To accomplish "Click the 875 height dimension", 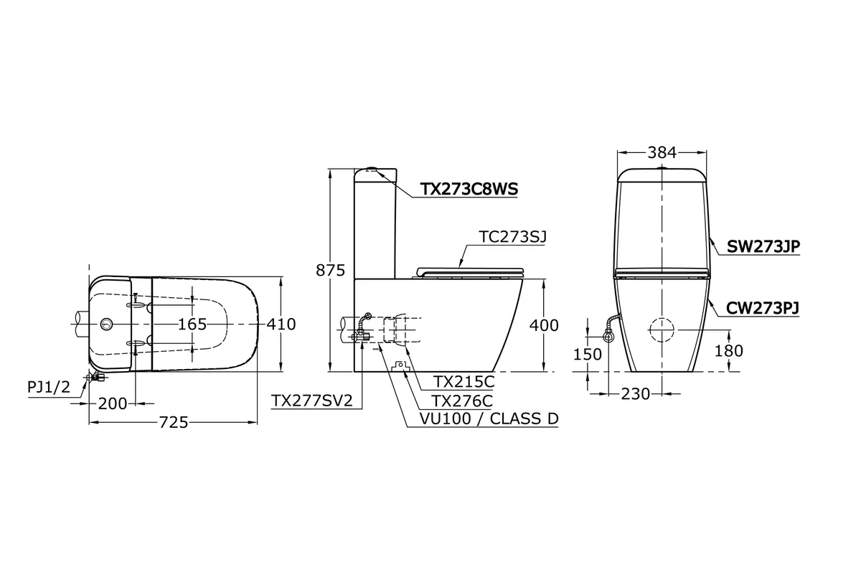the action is (x=330, y=271).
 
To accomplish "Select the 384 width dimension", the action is (x=662, y=153).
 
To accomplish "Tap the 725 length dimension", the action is (x=174, y=423).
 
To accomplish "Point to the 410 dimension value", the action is (x=281, y=324).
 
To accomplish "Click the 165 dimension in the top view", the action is (x=192, y=324).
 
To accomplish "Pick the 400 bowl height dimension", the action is (x=544, y=325).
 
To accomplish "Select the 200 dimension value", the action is (x=113, y=404).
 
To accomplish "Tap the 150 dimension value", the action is (x=588, y=354).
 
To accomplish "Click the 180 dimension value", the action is (x=729, y=351).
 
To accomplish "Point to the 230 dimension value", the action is (x=636, y=394).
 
